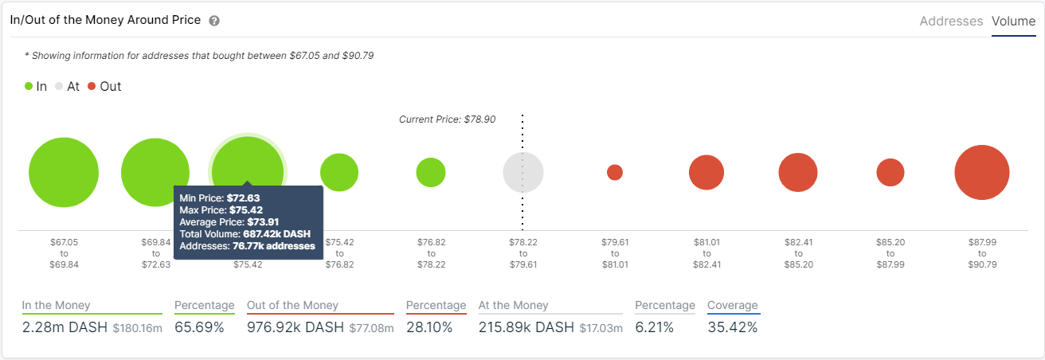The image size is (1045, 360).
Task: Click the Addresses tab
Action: click(x=951, y=22)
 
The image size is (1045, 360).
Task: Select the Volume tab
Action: click(x=1013, y=22)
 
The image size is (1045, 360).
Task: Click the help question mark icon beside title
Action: click(x=214, y=22)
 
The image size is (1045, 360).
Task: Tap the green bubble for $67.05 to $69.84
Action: click(x=64, y=172)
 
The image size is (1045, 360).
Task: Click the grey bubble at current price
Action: click(x=523, y=172)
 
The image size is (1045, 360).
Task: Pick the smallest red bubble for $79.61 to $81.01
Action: click(x=615, y=172)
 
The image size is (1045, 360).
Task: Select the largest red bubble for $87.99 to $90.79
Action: click(x=982, y=173)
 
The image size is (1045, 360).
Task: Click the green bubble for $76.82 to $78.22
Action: click(x=431, y=172)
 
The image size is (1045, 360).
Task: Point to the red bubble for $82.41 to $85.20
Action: click(x=798, y=173)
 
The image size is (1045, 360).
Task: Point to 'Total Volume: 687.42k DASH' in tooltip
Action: click(x=245, y=234)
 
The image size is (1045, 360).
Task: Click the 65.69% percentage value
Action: click(x=199, y=327)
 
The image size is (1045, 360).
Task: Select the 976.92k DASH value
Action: click(x=295, y=327)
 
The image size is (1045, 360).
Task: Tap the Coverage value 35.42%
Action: click(x=734, y=327)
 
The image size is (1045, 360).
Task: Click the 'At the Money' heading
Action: click(x=513, y=305)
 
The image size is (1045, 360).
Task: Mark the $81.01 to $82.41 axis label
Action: click(x=706, y=252)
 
